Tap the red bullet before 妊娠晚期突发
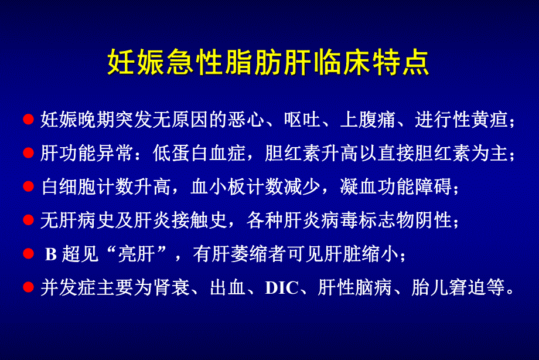coord(28,120)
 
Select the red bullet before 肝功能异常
coord(28,154)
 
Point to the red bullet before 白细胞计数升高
coord(28,187)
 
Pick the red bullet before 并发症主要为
coord(28,288)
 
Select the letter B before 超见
coord(51,255)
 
